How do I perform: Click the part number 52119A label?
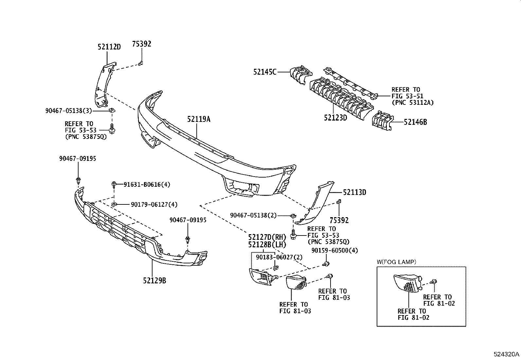coord(199,119)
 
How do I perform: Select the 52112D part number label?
coord(109,47)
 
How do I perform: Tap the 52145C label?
coord(264,72)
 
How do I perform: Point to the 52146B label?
coord(415,122)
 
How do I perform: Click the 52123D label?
coord(335,117)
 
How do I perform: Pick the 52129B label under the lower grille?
coord(154,280)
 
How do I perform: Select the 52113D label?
coord(354,193)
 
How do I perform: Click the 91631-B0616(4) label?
coord(147,185)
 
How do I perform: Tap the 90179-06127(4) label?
coord(154,204)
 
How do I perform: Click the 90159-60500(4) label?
coord(335,250)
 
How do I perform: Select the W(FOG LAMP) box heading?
coord(396,262)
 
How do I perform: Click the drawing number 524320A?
coord(506,354)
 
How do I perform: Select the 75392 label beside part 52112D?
coord(142,44)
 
